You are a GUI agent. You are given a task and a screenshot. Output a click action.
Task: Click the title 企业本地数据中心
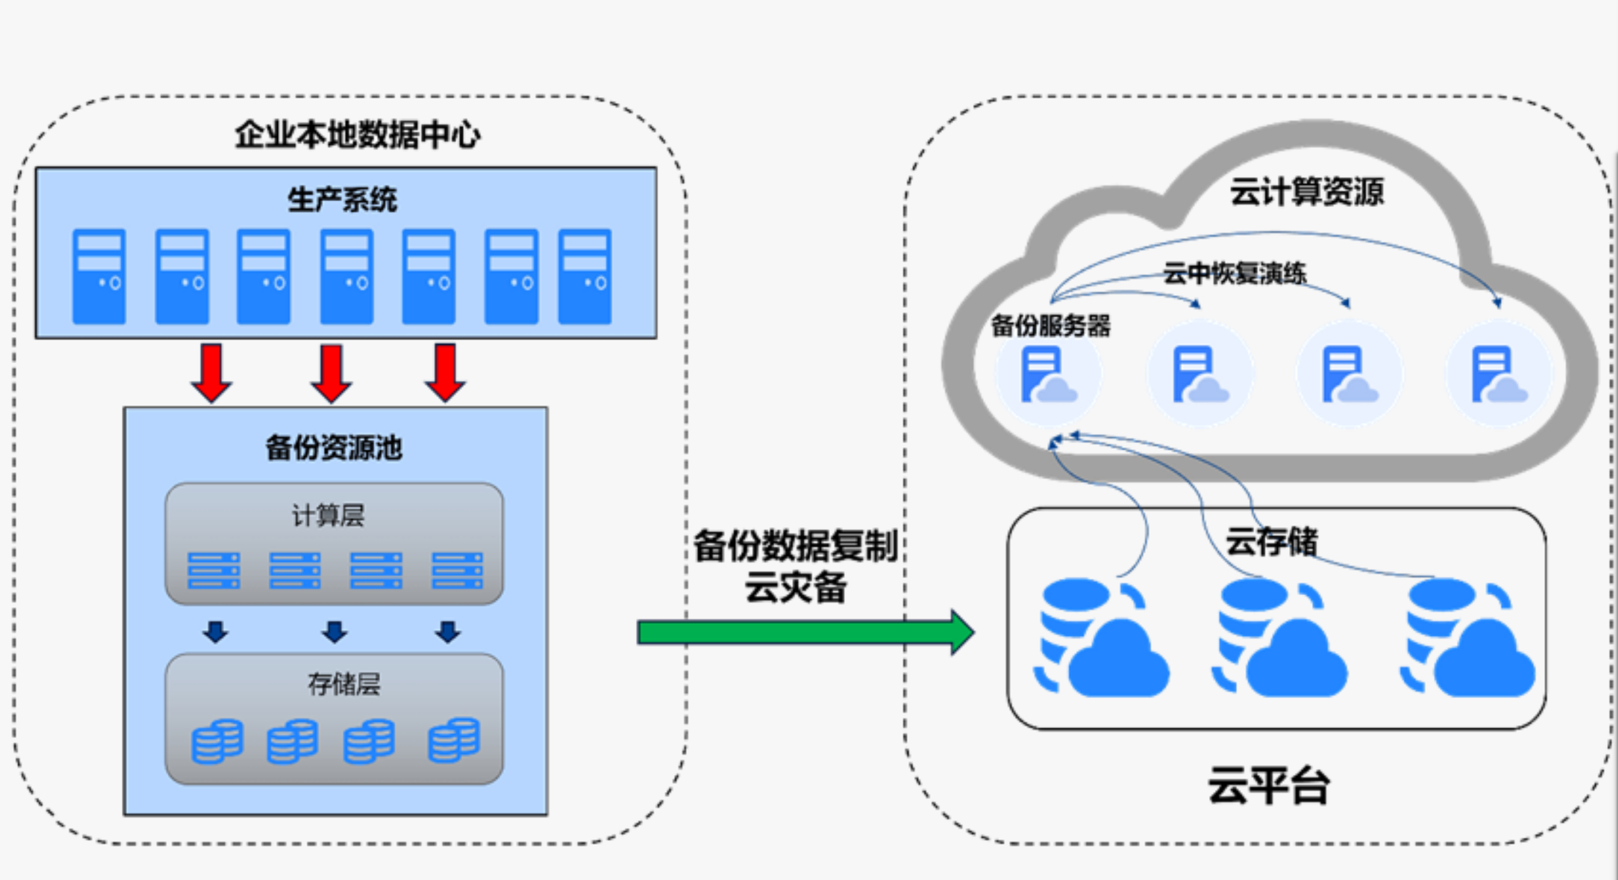(x=357, y=134)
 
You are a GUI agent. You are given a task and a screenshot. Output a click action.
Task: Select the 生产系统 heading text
(x=343, y=200)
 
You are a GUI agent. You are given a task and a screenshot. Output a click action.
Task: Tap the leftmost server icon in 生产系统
(x=100, y=276)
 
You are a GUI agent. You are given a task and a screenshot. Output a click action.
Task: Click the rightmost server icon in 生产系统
(x=585, y=276)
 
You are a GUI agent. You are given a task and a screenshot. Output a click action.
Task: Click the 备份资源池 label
(x=333, y=448)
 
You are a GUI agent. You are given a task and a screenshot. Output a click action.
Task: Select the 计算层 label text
(x=328, y=515)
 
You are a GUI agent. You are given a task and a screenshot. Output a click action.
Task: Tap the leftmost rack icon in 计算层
(x=213, y=570)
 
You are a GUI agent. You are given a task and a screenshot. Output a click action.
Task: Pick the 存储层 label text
(x=344, y=683)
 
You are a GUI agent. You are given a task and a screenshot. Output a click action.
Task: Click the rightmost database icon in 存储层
(x=454, y=740)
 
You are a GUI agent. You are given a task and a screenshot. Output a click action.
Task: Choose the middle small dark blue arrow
(x=335, y=632)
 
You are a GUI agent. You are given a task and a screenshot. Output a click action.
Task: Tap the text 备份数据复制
(x=796, y=545)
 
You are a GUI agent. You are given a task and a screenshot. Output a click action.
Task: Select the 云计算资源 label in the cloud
(x=1306, y=192)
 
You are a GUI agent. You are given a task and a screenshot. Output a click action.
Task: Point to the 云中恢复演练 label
(x=1235, y=273)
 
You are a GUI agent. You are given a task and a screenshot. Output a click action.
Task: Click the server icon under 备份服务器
(x=1048, y=375)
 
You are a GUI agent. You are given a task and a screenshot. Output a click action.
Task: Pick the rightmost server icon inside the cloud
(x=1498, y=375)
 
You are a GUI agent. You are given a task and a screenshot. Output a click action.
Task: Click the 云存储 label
(x=1272, y=541)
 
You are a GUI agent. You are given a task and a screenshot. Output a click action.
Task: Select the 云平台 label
(x=1269, y=785)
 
